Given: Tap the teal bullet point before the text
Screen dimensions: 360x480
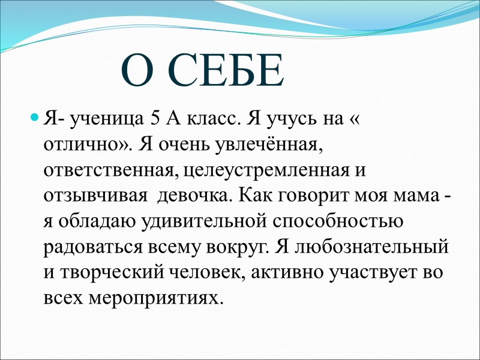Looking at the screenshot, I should pos(35,115).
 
